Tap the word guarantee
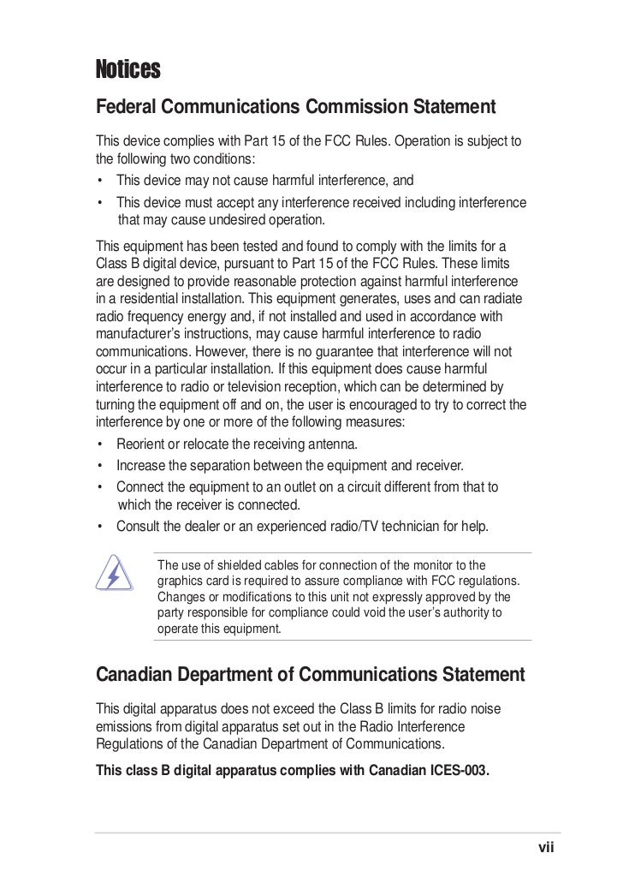click(364, 351)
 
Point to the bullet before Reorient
click(101, 444)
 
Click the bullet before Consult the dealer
click(101, 526)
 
